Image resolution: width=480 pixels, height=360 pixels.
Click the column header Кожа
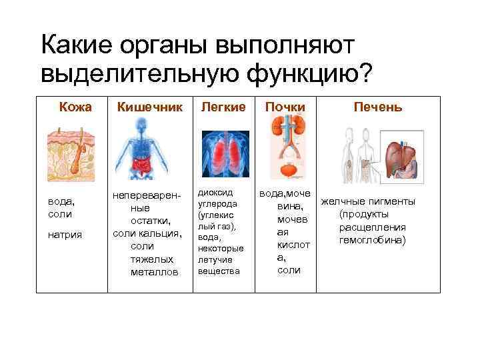point(75,107)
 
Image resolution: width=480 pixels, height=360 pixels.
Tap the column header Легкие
point(223,107)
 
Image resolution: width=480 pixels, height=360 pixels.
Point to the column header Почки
point(285,107)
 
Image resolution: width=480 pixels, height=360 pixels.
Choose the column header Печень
point(377,107)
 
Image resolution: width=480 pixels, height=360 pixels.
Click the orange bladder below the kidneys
point(289,171)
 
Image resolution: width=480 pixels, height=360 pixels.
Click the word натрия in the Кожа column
point(61,235)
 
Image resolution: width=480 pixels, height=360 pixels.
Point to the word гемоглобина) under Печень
point(372,239)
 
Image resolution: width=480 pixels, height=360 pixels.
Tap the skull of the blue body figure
point(143,125)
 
